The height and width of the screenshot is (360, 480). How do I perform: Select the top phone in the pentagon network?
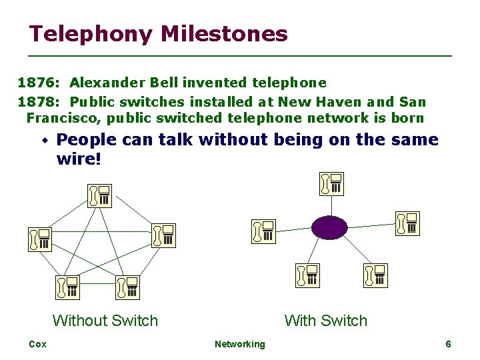click(100, 195)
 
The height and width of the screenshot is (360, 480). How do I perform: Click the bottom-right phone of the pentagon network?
click(127, 287)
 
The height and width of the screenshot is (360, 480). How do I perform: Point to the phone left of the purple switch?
click(263, 231)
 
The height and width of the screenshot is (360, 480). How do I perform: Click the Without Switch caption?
click(105, 321)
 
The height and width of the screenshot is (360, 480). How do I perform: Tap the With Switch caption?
click(325, 321)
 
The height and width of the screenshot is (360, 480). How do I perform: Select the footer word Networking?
click(239, 344)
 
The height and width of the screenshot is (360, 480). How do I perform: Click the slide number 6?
click(448, 344)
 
